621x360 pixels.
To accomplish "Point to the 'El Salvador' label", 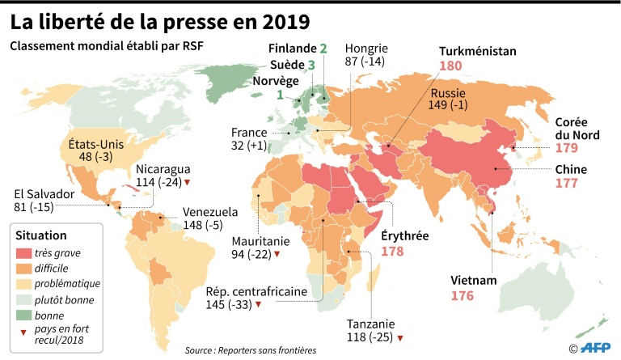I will coord(45,194).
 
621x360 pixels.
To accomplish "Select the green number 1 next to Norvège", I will coord(280,96).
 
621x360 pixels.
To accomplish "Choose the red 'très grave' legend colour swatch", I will coord(24,252).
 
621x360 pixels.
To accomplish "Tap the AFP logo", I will coord(594,348).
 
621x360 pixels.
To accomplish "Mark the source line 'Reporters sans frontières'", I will coord(250,349).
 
